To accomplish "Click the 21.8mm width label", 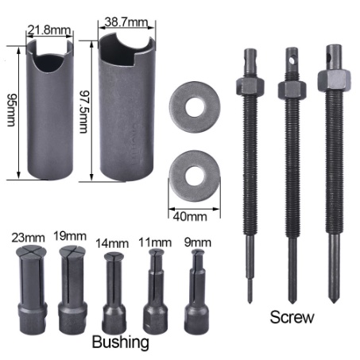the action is click(x=49, y=30).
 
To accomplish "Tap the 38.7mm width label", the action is click(x=126, y=22).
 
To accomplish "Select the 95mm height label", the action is click(x=11, y=110).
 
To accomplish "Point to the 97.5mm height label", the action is click(x=84, y=111).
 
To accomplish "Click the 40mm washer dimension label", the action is click(x=190, y=217).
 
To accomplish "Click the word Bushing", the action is click(x=121, y=342).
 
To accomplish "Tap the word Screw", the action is click(x=292, y=317).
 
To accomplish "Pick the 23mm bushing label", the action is click(x=28, y=238).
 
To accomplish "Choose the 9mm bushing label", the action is click(x=198, y=242).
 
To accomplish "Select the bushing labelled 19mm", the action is click(x=72, y=289).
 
